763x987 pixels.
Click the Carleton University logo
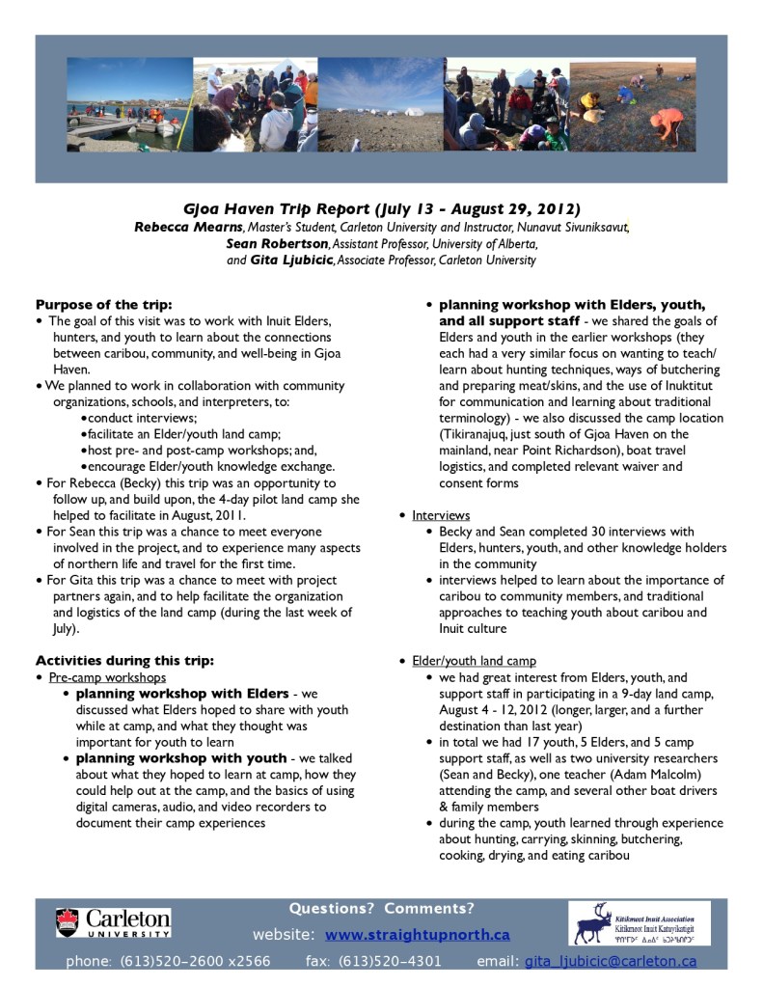pos(113,922)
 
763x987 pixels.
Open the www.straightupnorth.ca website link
pos(417,935)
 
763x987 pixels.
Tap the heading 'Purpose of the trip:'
pos(103,304)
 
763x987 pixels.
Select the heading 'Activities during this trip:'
pos(124,661)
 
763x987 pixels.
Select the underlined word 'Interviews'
pos(441,515)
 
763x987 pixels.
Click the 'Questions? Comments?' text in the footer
pos(382,908)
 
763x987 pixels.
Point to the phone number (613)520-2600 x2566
pos(195,961)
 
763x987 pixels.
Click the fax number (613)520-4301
pos(391,961)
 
